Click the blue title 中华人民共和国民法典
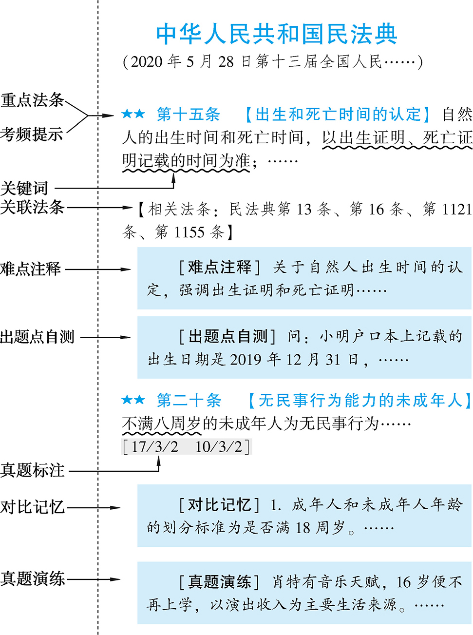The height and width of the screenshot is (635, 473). [276, 35]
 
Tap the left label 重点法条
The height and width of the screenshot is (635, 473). [32, 100]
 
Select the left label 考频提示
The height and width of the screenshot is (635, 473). [32, 134]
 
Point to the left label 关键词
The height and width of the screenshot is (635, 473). [24, 188]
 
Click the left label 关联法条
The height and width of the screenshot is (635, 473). [32, 207]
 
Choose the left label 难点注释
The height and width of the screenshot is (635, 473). [31, 269]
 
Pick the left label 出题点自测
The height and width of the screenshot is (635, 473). [38, 337]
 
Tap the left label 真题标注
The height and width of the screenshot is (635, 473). [33, 470]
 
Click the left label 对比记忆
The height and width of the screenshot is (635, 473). [32, 507]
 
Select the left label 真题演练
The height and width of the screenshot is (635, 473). [33, 578]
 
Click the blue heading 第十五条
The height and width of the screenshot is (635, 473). [188, 115]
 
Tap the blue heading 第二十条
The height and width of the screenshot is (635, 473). [189, 401]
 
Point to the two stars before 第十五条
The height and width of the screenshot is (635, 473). [133, 115]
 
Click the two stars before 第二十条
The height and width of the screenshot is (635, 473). [133, 401]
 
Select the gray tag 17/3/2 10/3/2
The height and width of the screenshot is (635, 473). [186, 446]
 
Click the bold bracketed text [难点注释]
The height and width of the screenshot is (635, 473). [220, 267]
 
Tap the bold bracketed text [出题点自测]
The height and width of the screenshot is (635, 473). [227, 336]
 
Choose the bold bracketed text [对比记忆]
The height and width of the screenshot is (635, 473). [220, 505]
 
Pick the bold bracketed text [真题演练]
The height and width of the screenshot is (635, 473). [220, 582]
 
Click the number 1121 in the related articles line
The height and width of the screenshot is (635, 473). [457, 210]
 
